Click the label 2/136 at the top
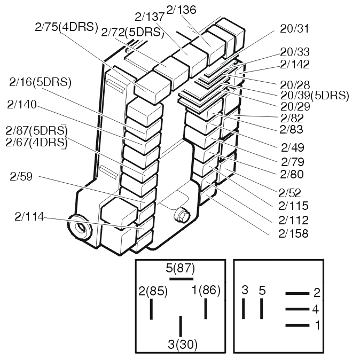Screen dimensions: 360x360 pyautogui.click(x=181, y=9)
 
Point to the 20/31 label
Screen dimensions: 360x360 pyautogui.click(x=294, y=28)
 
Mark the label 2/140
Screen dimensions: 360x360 pyautogui.click(x=22, y=105)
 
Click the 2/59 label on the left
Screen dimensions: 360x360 pyautogui.click(x=21, y=177)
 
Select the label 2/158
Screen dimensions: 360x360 pyautogui.click(x=293, y=233)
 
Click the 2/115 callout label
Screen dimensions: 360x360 pyautogui.click(x=293, y=206)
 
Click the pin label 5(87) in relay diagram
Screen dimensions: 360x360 pyautogui.click(x=180, y=268)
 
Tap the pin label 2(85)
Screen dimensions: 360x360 pyautogui.click(x=153, y=292)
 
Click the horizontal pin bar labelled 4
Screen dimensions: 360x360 pyautogui.click(x=298, y=309)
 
